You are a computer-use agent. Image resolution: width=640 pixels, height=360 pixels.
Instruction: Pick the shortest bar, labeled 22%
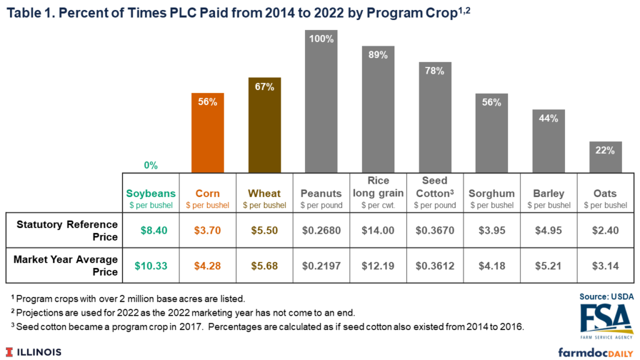coord(605,157)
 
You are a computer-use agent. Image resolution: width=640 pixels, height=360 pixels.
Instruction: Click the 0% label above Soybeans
coord(151,166)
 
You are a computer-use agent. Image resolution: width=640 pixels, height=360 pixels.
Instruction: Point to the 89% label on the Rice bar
coord(378,55)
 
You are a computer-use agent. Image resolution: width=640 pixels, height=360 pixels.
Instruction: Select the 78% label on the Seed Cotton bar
coord(435,71)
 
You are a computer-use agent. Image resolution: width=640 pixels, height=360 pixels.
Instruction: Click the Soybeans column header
coord(151,194)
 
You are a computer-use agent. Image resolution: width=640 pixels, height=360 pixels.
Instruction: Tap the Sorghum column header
coord(491,194)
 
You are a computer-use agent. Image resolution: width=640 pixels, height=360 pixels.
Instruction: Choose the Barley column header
coord(548,194)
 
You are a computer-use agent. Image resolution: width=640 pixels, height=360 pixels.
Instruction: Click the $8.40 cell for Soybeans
coord(151,230)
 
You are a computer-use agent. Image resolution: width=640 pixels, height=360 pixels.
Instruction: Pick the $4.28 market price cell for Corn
coord(207,266)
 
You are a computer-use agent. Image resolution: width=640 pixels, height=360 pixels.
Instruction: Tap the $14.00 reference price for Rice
coord(378,230)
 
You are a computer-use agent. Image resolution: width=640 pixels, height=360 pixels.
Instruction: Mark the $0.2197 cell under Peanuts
coord(321,266)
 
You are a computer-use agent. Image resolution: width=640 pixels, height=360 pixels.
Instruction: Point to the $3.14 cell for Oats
coord(605,266)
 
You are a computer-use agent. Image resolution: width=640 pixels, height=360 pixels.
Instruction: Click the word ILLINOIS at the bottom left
coord(39,352)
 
